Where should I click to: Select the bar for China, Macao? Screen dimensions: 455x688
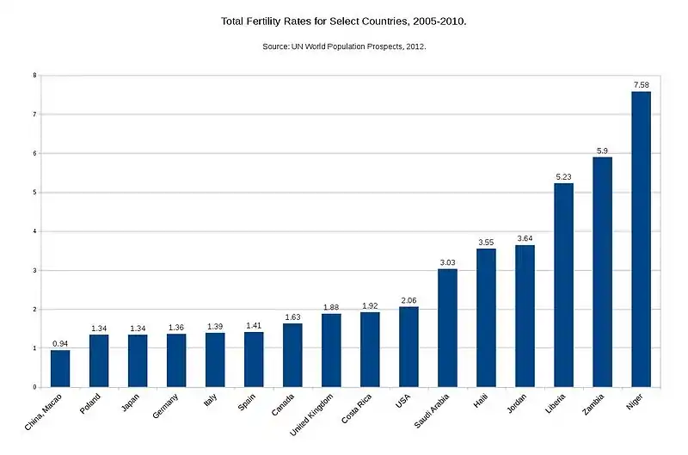pyautogui.click(x=60, y=368)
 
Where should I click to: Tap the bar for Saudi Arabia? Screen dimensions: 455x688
pyautogui.click(x=447, y=328)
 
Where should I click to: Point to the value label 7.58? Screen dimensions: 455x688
pyautogui.click(x=641, y=84)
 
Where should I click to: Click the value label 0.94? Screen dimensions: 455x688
pyautogui.click(x=60, y=343)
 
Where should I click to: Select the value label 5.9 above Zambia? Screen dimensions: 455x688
pyautogui.click(x=602, y=150)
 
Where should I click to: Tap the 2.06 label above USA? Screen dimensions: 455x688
pyautogui.click(x=408, y=299)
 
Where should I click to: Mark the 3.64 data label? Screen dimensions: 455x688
pyautogui.click(x=525, y=238)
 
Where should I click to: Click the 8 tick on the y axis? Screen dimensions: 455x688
pyautogui.click(x=34, y=76)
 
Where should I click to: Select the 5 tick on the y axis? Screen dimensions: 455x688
pyautogui.click(x=34, y=193)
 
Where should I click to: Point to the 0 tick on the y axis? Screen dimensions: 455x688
pyautogui.click(x=34, y=387)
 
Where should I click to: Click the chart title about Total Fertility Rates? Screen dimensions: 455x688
pyautogui.click(x=344, y=19)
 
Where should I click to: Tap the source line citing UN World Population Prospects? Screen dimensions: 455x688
pyautogui.click(x=344, y=46)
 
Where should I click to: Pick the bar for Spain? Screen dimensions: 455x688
pyautogui.click(x=254, y=360)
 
